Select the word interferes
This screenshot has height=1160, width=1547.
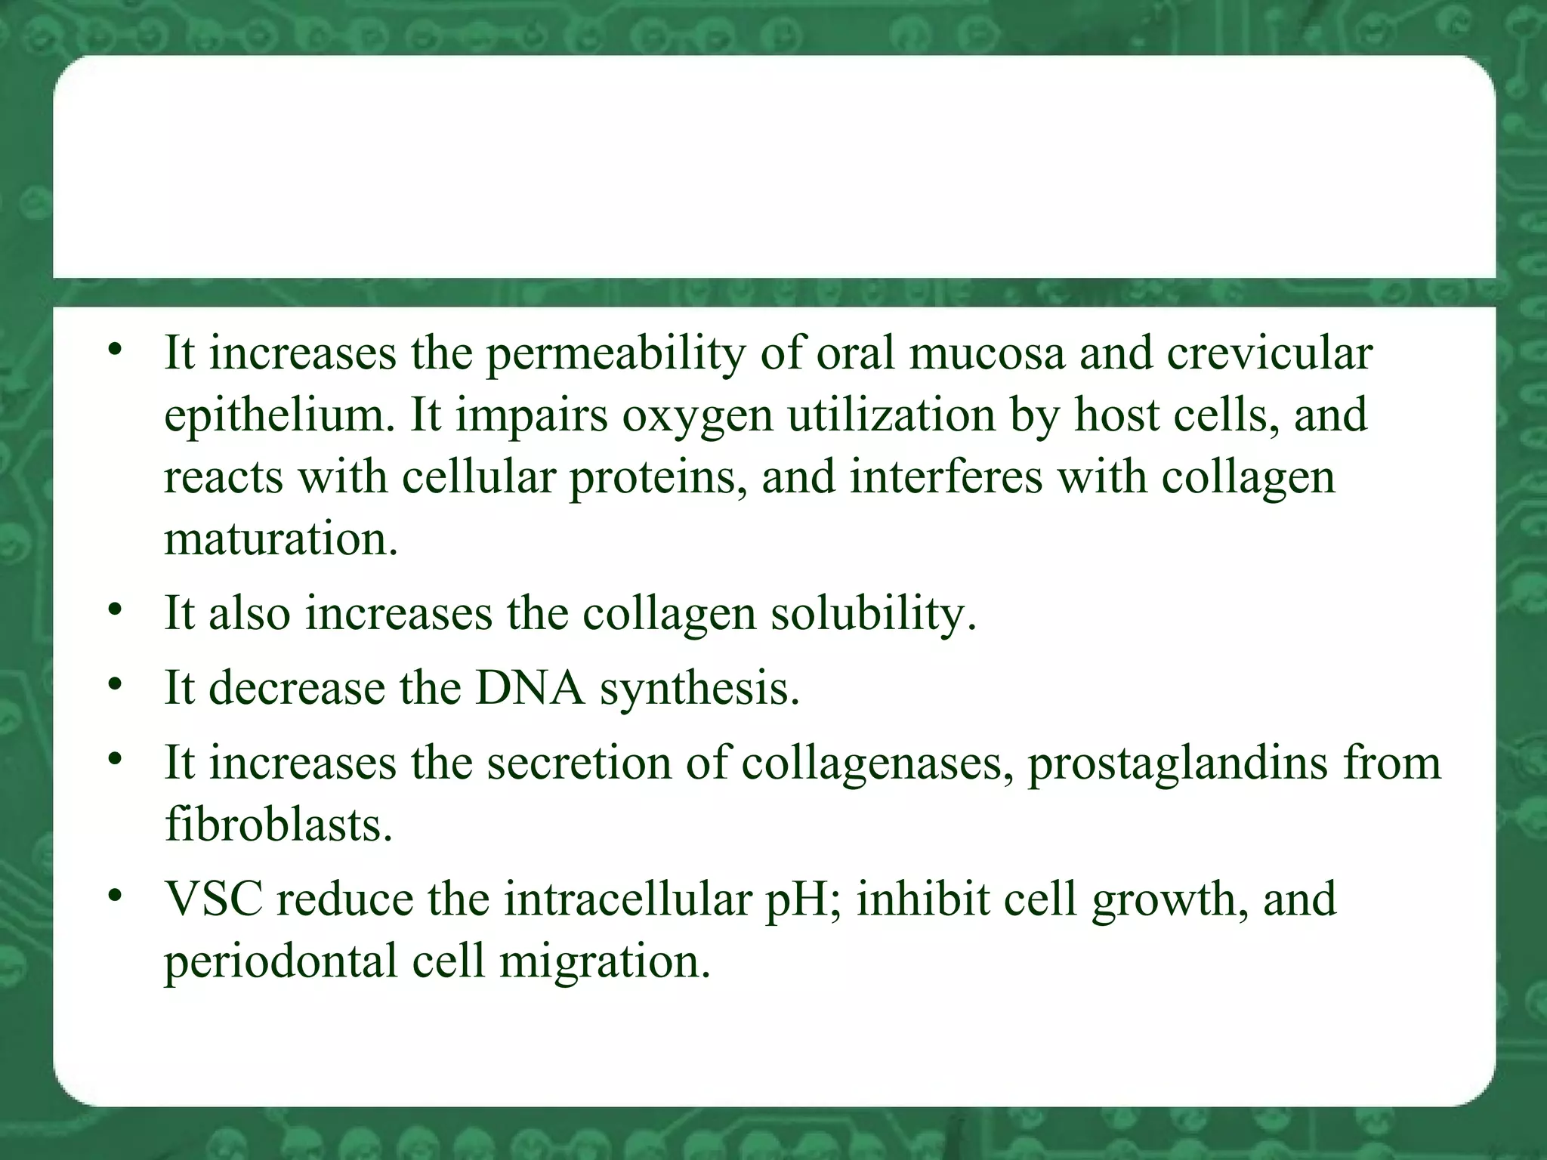[945, 477]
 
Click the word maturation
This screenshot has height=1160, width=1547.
[280, 540]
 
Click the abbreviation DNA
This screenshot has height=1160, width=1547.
[530, 688]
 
